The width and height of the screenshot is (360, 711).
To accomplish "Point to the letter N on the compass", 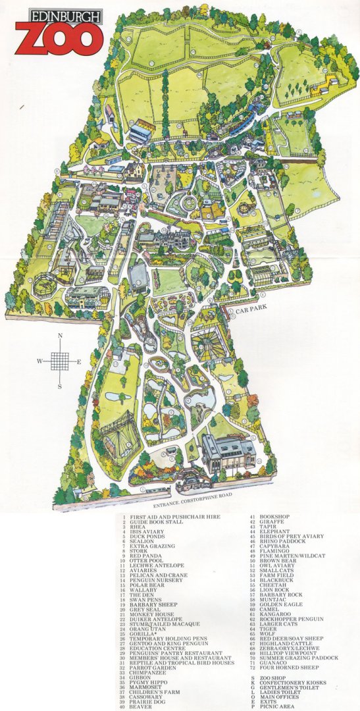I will pyautogui.click(x=60, y=336).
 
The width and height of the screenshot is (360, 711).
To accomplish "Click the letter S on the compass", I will pyautogui.click(x=60, y=386).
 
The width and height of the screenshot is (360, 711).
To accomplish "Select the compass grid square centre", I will pyautogui.click(x=60, y=361).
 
